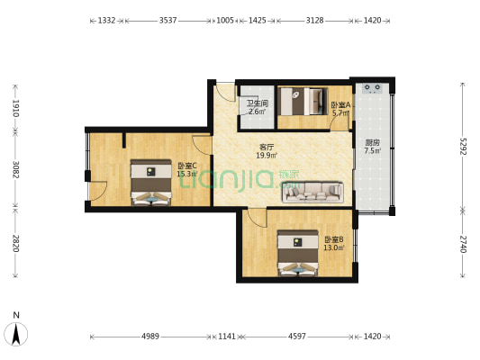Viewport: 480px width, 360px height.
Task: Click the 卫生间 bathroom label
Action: click(257, 103)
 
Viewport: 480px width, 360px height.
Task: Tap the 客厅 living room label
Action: click(267, 147)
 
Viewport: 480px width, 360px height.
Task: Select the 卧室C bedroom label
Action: click(187, 166)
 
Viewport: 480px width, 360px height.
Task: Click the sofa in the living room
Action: click(313, 191)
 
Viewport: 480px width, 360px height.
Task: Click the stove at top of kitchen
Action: click(374, 89)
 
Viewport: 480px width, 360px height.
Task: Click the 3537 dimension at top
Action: click(167, 19)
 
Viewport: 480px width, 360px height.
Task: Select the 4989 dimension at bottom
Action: click(149, 336)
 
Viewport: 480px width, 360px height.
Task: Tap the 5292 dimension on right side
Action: click(463, 147)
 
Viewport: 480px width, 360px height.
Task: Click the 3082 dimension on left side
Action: click(15, 168)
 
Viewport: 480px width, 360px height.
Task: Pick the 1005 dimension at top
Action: click(225, 19)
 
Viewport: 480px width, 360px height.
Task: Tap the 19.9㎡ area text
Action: click(266, 156)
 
